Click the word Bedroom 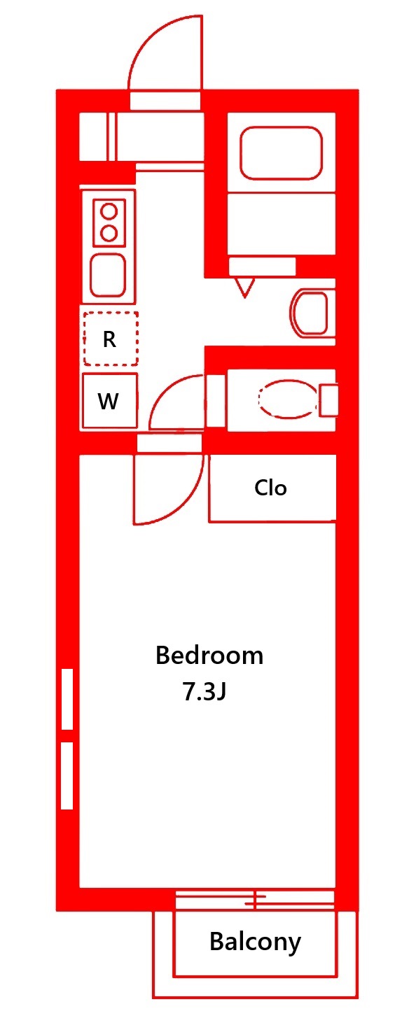(209, 656)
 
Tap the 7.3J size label (204, 692)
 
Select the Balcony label (256, 942)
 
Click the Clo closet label (271, 488)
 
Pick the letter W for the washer (109, 402)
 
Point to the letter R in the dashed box (109, 339)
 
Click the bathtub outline (282, 153)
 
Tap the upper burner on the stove (109, 211)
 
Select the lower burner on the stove (109, 233)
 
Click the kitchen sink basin (108, 276)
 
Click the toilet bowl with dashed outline (287, 399)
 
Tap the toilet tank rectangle (328, 400)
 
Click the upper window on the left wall (67, 699)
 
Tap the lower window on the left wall (67, 776)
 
